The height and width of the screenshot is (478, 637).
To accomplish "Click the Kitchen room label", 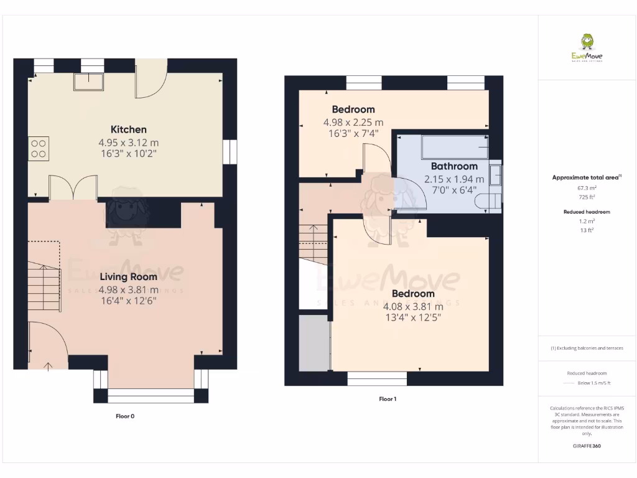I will pos(128,129).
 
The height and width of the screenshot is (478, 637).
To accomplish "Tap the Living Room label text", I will pos(128,277).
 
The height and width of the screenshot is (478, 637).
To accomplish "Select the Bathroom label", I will pos(454,166).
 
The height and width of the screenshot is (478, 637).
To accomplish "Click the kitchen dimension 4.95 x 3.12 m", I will pos(128,143).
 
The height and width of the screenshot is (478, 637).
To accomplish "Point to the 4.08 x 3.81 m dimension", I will pos(413,306).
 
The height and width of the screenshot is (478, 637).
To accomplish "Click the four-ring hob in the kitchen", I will pos(37,148).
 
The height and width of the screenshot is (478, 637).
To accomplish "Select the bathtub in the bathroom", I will pos(454,148).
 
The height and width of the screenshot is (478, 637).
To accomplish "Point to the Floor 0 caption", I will pos(125,416).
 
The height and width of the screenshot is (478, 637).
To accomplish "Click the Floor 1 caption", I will pos(387,399).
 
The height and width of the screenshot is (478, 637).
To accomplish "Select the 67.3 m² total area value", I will pos(587,187).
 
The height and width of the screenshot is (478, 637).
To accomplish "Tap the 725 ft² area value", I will pos(587,197).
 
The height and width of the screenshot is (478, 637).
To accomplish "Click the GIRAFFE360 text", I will pos(587,446).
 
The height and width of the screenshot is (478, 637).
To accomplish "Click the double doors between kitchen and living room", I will pos(73,188).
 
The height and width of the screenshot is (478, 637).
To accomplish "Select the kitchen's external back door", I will pos(151,81).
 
